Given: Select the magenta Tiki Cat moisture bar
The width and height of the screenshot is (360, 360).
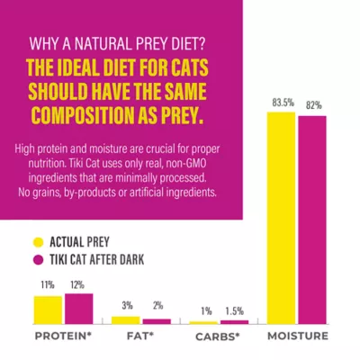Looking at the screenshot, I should point(312,220).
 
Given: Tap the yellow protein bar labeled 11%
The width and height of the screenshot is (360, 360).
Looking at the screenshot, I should point(49,310).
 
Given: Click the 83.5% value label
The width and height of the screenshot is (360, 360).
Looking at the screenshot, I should point(282,103).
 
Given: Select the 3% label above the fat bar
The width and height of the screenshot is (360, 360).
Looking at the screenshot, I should point(127,305).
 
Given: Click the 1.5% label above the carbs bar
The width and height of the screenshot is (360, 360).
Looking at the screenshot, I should point(234,310).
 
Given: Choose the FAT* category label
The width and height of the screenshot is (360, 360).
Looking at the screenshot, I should point(140,337).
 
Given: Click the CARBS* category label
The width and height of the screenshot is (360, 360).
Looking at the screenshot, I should point(219,337).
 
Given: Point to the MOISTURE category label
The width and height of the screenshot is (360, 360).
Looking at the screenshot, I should point(298,337).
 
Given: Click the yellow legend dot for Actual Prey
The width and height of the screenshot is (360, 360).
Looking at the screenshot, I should point(38,240).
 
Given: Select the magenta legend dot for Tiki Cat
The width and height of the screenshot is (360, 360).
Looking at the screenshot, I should point(38,261).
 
